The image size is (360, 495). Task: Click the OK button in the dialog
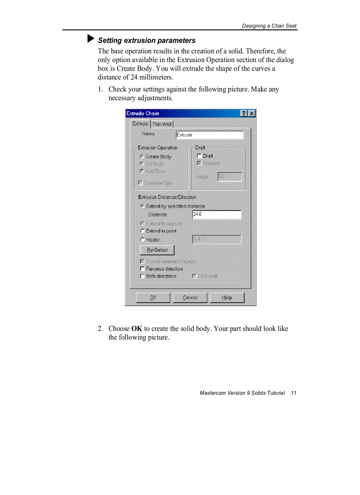click(153, 298)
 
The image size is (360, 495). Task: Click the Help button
click(227, 298)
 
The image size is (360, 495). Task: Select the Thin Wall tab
click(162, 124)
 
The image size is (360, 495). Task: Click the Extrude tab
click(140, 124)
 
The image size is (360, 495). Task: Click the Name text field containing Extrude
click(209, 135)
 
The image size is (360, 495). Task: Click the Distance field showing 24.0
click(217, 215)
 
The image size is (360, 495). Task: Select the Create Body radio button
click(142, 156)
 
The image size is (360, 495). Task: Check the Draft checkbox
click(199, 156)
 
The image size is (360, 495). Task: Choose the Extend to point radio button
click(142, 231)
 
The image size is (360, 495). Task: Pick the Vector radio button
click(142, 240)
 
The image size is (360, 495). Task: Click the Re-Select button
click(157, 250)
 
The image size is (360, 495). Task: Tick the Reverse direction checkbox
click(142, 268)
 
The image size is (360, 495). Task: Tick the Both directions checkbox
click(142, 276)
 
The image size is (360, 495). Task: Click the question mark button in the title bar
click(244, 114)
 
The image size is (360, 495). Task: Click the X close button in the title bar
click(251, 114)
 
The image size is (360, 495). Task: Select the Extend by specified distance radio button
click(142, 206)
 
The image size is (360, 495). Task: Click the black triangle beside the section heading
click(91, 39)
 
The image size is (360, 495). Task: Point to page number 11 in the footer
click(293, 393)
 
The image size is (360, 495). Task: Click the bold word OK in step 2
click(137, 329)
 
